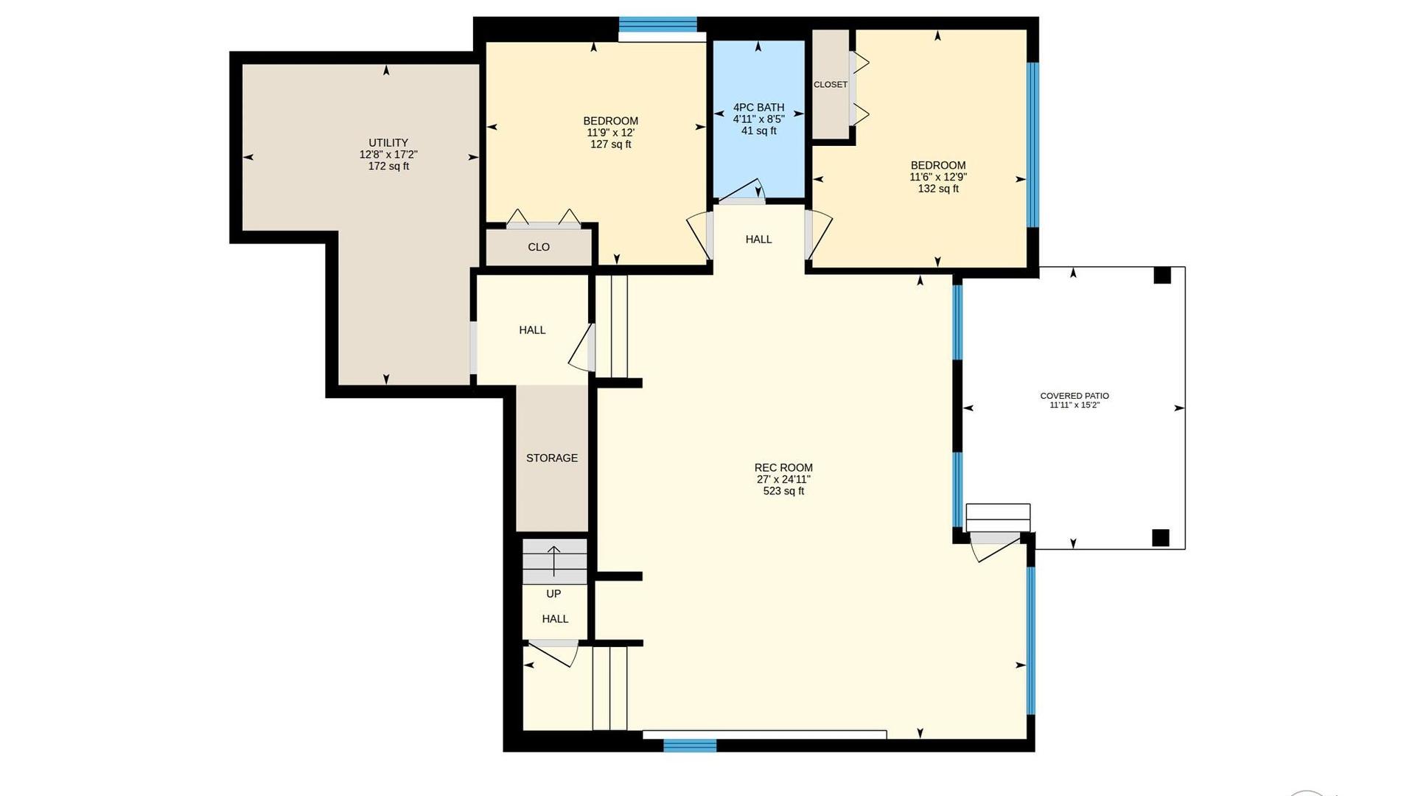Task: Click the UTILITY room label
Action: tap(388, 143)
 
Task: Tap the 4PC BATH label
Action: tap(758, 108)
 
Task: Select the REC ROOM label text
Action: tap(783, 467)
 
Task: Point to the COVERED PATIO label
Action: tap(1075, 396)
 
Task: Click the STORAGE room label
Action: tap(552, 458)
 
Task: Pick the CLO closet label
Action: tap(539, 247)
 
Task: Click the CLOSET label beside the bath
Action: tap(831, 85)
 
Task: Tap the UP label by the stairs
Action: tap(553, 594)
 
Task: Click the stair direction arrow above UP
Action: tap(553, 561)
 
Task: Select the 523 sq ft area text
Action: tap(783, 491)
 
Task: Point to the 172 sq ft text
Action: tap(388, 167)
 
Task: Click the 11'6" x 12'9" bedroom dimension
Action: tap(938, 177)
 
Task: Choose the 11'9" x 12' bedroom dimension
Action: tap(611, 133)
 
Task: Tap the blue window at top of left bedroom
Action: tap(658, 24)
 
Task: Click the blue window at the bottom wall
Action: tap(690, 745)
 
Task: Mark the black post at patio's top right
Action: tap(1162, 275)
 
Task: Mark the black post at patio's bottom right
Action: tap(1161, 538)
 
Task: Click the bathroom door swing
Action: tap(741, 191)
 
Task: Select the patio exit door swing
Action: tap(994, 546)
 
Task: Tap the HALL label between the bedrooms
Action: tap(758, 240)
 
